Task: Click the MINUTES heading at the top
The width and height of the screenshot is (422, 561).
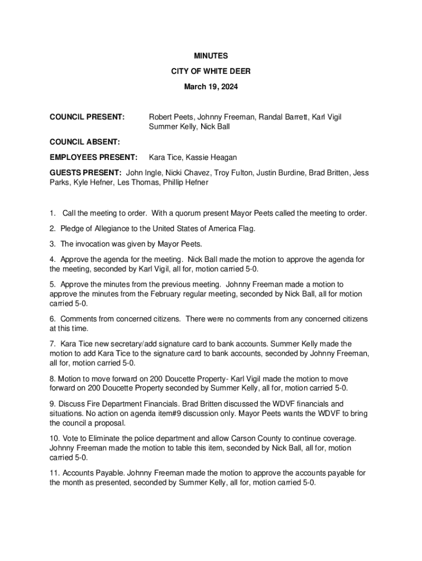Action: [211, 56]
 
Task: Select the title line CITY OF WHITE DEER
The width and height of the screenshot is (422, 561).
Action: [211, 71]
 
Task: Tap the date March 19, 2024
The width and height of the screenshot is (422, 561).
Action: [211, 87]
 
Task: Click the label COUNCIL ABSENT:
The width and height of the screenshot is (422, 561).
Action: [84, 142]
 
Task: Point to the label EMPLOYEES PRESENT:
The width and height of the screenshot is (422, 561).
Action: [94, 157]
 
